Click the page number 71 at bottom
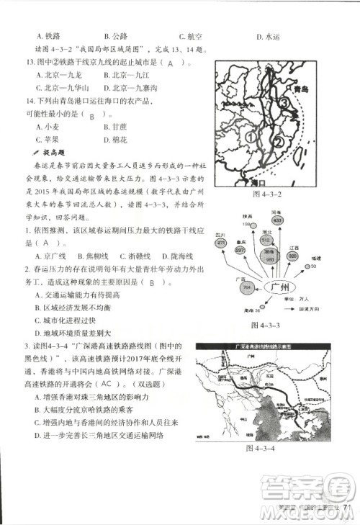345,506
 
